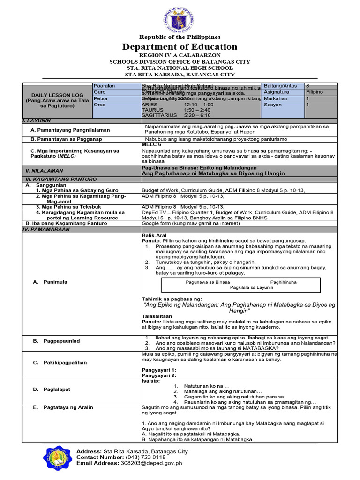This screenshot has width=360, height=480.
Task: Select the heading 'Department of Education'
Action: point(180,47)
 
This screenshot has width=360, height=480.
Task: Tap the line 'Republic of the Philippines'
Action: point(180,37)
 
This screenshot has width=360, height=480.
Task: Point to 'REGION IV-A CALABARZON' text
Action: point(180,55)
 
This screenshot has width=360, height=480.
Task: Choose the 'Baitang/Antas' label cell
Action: point(279,86)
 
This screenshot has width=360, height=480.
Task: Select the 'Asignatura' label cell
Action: point(276,92)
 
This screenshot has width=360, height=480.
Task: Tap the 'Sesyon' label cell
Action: point(273,105)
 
